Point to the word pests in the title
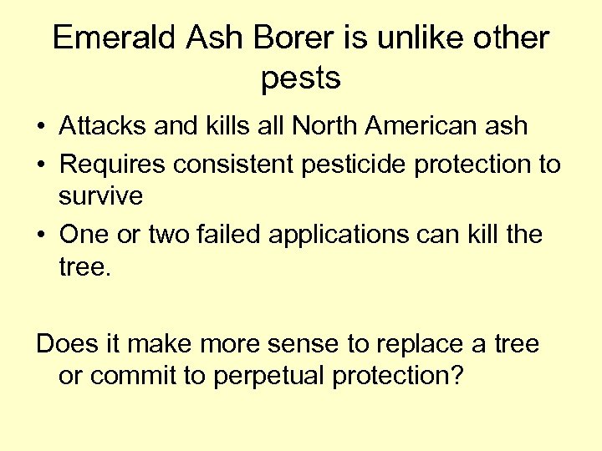tap(301, 78)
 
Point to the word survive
tap(101, 197)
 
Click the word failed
tap(234, 235)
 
